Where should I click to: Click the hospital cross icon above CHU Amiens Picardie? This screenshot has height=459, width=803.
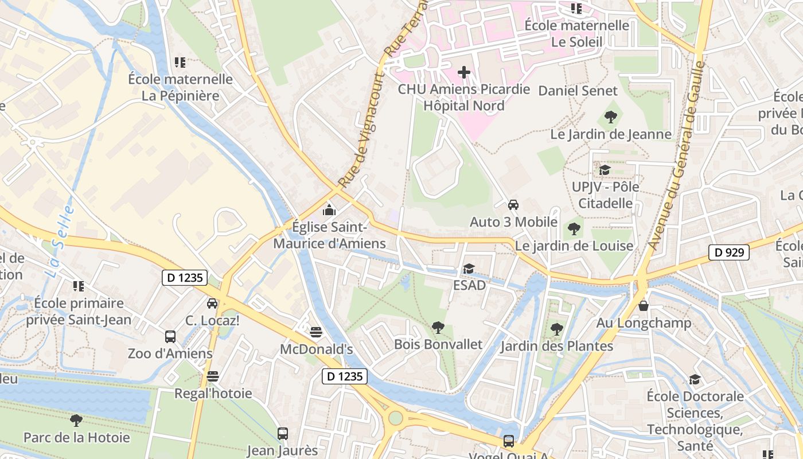click(x=464, y=72)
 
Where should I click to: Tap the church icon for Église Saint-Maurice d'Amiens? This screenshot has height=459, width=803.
click(x=329, y=210)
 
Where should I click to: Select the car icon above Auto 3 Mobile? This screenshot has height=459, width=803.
click(x=513, y=205)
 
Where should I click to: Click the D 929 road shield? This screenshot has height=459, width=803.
click(x=728, y=252)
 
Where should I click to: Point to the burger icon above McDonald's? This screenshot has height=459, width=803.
click(x=315, y=332)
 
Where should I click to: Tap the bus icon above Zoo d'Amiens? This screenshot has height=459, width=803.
click(x=170, y=336)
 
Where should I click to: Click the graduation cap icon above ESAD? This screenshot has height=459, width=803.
click(x=469, y=269)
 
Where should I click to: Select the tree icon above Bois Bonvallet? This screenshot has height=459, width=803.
click(x=438, y=328)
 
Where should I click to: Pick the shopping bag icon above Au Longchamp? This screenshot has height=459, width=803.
click(x=644, y=306)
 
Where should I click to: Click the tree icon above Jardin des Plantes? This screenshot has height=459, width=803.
click(x=556, y=329)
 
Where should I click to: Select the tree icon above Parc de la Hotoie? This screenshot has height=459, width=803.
click(x=76, y=421)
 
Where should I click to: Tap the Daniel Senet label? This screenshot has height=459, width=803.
click(x=578, y=91)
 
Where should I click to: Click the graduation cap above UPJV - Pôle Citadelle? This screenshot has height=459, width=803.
click(x=605, y=170)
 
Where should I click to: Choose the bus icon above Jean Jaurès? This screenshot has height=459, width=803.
click(x=282, y=433)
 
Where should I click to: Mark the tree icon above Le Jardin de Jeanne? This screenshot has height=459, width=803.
click(x=611, y=117)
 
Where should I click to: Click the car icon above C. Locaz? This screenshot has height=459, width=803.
click(x=212, y=303)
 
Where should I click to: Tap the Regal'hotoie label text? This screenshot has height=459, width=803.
click(x=213, y=393)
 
